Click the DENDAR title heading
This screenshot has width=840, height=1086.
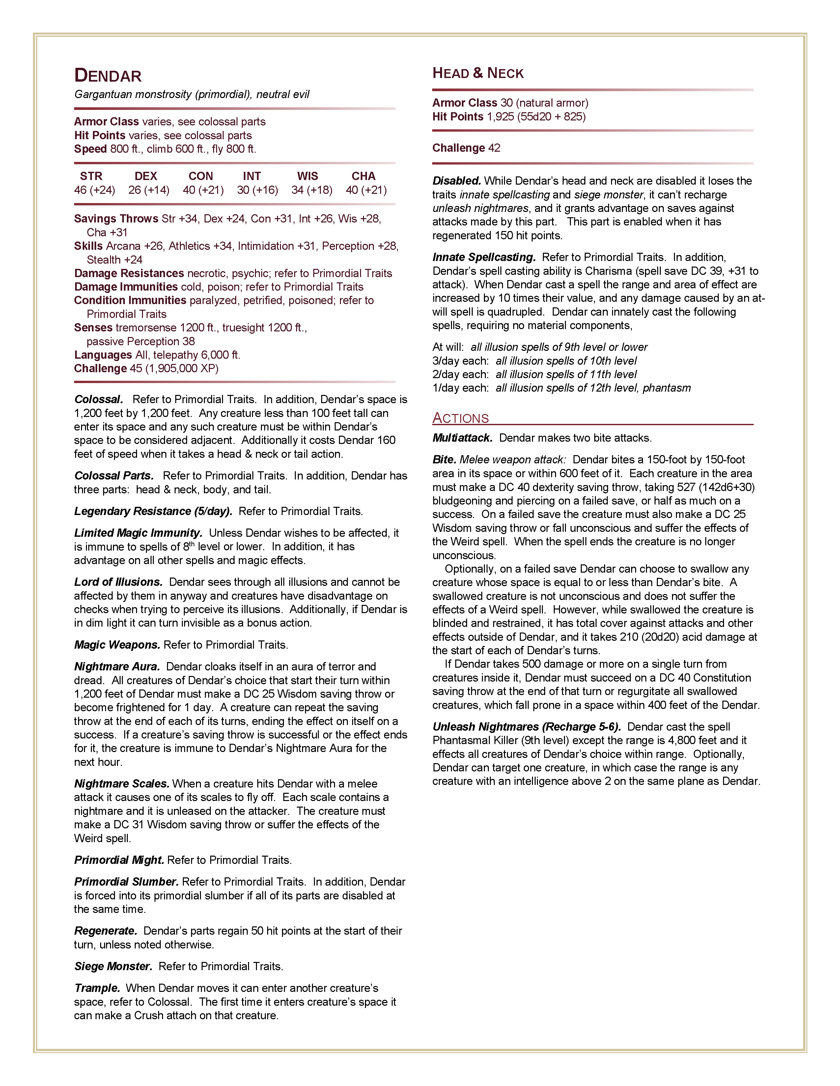pyautogui.click(x=108, y=76)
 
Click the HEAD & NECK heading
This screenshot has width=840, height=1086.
pyautogui.click(x=478, y=74)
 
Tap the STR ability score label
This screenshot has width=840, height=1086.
pyautogui.click(x=91, y=176)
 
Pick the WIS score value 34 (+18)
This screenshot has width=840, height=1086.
pyautogui.click(x=312, y=190)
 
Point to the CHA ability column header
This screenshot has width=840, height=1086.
pyautogui.click(x=363, y=176)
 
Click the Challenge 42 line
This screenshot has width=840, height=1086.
pyautogui.click(x=466, y=148)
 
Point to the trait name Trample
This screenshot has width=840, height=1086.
pyautogui.click(x=97, y=988)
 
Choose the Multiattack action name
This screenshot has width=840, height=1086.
pyautogui.click(x=462, y=438)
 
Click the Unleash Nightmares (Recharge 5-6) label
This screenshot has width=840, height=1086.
pyautogui.click(x=526, y=727)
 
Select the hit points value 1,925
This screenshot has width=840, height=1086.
pyautogui.click(x=500, y=116)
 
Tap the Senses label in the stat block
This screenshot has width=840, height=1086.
pyautogui.click(x=93, y=327)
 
